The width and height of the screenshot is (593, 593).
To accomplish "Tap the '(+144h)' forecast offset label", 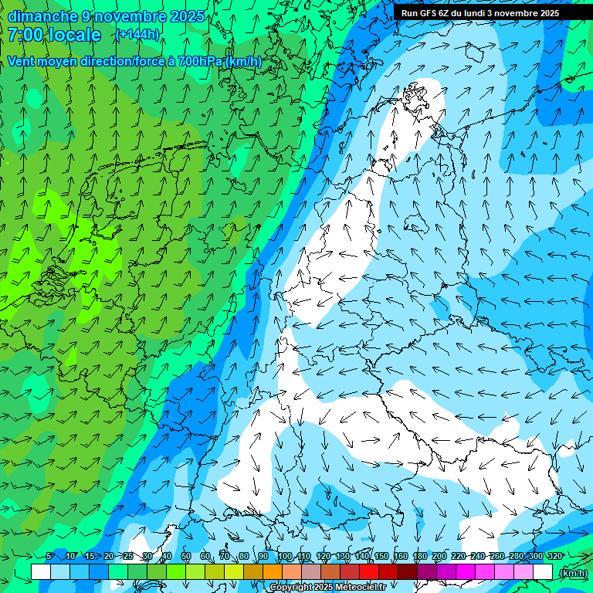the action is coord(137,35).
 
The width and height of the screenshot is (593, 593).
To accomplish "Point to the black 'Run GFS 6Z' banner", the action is coord(486,13).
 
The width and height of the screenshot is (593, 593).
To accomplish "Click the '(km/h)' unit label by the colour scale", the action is coord(572,573).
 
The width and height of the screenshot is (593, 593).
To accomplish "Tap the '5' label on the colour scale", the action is coord(49,556).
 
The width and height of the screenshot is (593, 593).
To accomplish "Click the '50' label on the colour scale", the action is coord(185,556).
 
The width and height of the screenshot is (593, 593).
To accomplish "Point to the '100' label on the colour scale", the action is coord(284,556).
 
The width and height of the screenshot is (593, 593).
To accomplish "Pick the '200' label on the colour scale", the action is coord(439,556).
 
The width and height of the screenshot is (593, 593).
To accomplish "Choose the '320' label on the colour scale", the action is coord(554,556).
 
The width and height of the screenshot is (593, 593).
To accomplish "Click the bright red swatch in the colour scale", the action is coord(369,572).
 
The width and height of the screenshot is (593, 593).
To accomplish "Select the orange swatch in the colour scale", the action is coord(273,572).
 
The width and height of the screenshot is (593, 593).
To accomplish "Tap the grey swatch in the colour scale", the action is coord(311,572).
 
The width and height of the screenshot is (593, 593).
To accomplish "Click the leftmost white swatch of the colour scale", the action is coord(41,572).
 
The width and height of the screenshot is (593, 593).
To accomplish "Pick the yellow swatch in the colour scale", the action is coord(234,572).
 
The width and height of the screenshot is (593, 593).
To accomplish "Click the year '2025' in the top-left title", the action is coord(187,16).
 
